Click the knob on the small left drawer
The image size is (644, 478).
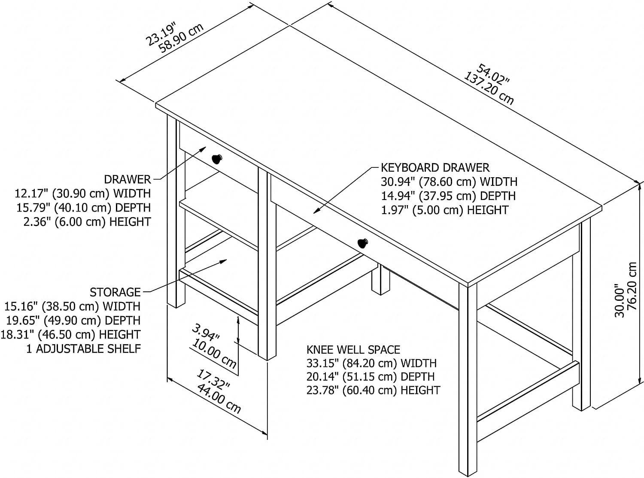tap(217, 159)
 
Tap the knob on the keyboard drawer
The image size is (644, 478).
tap(363, 243)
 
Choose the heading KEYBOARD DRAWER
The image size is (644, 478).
tap(435, 167)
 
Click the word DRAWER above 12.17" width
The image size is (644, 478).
tap(127, 179)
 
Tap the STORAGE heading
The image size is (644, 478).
tap(115, 292)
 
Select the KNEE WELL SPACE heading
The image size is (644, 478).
tap(353, 349)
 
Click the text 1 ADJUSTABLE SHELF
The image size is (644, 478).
tap(84, 348)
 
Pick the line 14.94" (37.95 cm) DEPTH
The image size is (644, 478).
tap(448, 196)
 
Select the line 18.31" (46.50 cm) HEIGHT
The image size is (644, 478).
tap(72, 334)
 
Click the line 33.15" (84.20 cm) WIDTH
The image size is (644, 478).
tap(371, 363)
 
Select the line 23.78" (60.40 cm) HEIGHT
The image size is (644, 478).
tap(373, 390)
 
